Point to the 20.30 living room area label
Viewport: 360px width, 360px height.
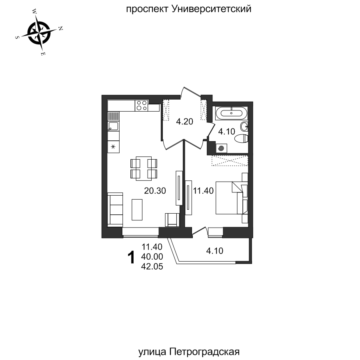pos(155,191)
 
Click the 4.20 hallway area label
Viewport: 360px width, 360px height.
pos(185,122)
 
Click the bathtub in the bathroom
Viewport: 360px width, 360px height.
pos(232,113)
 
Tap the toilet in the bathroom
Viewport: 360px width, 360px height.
pos(241,139)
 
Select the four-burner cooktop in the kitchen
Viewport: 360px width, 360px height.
pos(142,106)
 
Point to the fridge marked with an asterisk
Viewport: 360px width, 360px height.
pos(113,146)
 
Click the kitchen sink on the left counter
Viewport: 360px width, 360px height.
pos(112,127)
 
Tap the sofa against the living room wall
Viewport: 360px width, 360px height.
pos(115,208)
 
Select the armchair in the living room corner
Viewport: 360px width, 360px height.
pos(173,220)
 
